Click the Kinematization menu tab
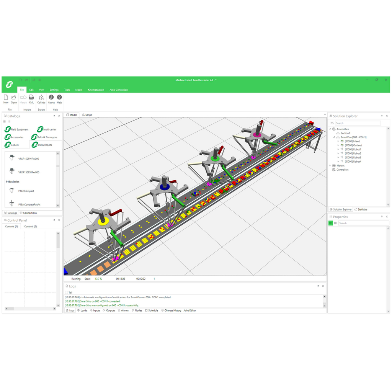tap(96, 90)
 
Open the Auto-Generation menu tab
tap(119, 90)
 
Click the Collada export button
tap(41, 99)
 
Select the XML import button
tap(31, 99)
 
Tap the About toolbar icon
tap(51, 99)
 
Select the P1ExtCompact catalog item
tap(26, 191)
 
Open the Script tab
tap(87, 115)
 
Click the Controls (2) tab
tap(31, 227)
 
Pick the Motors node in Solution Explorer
tap(340, 166)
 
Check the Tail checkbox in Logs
tap(67, 292)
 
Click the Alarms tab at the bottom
tap(123, 310)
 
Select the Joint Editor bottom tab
tap(189, 310)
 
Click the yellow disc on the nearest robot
tap(102, 221)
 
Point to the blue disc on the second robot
tap(165, 188)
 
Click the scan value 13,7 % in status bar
tap(98, 279)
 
